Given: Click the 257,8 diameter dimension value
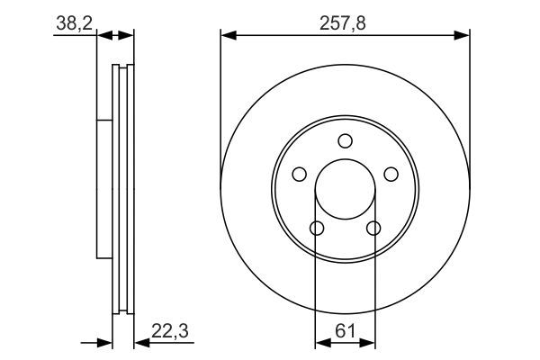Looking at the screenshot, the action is [343, 23].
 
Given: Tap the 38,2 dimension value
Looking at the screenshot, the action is [75, 23].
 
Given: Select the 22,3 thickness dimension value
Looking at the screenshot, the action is [170, 331].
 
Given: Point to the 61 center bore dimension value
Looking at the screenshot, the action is [345, 331].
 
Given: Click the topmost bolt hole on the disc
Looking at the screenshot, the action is [345, 141].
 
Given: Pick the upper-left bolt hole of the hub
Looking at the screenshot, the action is [300, 174].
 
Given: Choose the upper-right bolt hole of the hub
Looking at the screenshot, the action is [391, 174].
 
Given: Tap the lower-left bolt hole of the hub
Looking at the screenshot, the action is [317, 228].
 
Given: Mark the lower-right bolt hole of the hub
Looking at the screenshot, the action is [373, 228].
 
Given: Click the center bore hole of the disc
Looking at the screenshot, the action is [345, 189].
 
